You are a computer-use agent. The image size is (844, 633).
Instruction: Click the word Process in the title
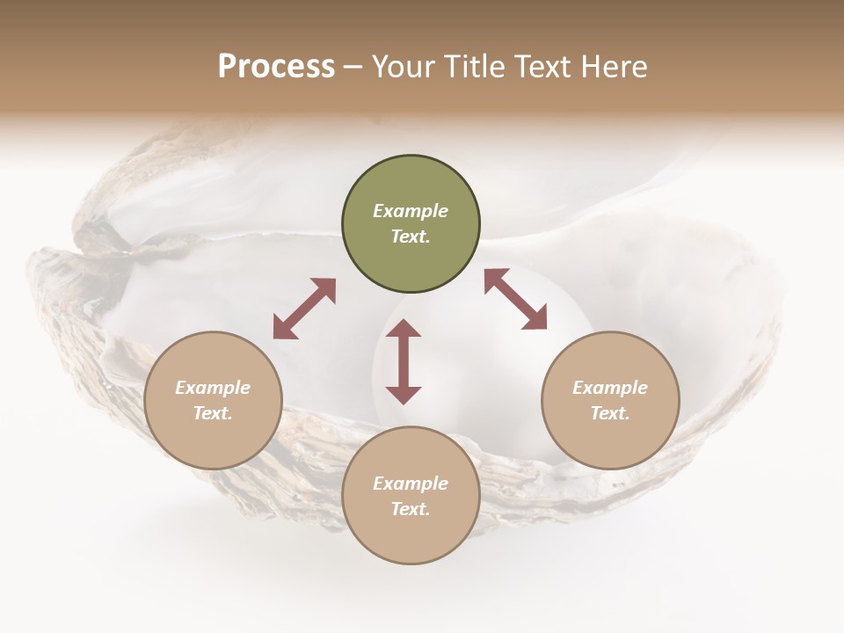(276, 67)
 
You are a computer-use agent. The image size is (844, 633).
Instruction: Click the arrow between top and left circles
(304, 309)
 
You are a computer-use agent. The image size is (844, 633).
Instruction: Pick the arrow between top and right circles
(515, 299)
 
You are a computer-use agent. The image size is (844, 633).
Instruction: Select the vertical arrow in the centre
(404, 361)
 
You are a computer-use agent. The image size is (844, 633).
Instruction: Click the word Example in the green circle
(411, 211)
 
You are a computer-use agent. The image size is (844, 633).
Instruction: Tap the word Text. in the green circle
(411, 236)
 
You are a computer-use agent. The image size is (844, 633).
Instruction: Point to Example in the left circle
(213, 388)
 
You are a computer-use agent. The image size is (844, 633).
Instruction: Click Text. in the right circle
(610, 413)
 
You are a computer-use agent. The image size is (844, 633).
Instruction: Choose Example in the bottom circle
(411, 484)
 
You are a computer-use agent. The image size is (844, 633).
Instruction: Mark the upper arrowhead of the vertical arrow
(404, 329)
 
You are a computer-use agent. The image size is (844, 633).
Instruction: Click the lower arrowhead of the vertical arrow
(404, 395)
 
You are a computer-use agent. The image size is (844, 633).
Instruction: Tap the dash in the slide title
(353, 67)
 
